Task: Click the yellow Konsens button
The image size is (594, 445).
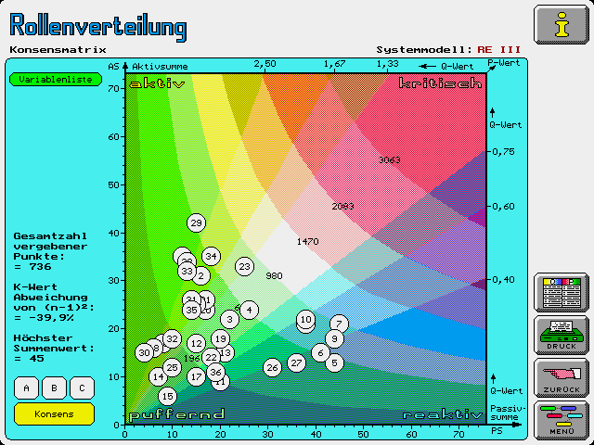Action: [54, 413]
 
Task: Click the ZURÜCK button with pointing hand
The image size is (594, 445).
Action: [560, 378]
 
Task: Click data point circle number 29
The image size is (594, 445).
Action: [196, 222]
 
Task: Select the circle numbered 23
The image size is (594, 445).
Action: [244, 266]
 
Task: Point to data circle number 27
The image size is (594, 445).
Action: [296, 362]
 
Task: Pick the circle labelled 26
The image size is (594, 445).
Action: [272, 367]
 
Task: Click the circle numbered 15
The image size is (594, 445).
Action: [167, 396]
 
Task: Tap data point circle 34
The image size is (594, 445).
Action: [211, 256]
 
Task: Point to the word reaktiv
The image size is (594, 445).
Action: [443, 413]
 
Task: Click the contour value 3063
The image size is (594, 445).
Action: [390, 160]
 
